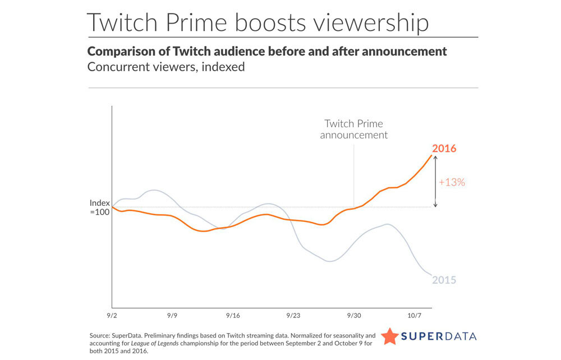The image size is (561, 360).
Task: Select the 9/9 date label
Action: tap(172, 316)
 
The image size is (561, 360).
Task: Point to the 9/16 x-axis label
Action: tap(233, 316)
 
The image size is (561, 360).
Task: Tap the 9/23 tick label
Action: tap(293, 316)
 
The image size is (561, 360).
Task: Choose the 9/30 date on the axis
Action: tap(354, 316)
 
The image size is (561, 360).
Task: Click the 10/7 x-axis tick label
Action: tap(415, 316)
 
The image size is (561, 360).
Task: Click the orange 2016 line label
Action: tap(444, 149)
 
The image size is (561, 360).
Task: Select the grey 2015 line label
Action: tap(444, 280)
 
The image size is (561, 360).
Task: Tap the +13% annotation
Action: tap(452, 182)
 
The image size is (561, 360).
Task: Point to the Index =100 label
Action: tap(99, 207)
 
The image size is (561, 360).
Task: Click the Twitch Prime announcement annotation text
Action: tap(353, 129)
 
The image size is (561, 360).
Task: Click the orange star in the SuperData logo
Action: tap(390, 336)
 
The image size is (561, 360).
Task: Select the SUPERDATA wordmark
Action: tap(439, 336)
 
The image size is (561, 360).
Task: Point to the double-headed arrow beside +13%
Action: tap(435, 182)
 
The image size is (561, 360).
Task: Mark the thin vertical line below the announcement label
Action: tap(354, 174)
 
